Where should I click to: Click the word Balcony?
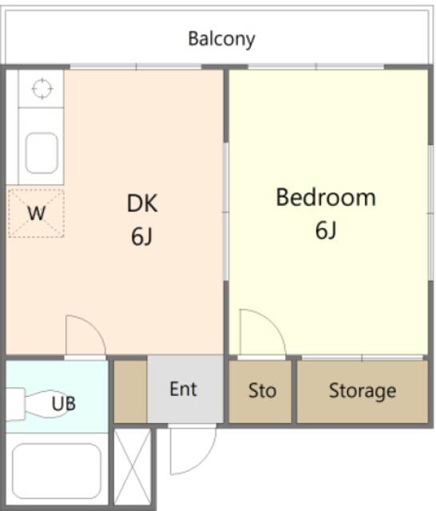pos(221,39)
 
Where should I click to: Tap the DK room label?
pos(142,204)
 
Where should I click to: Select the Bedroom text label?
pos(326,197)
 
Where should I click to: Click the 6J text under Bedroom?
pos(326,230)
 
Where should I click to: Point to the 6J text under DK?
pos(142,236)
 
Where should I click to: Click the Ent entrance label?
pos(184,389)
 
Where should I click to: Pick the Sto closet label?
pos(262,390)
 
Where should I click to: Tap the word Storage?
pos(363,390)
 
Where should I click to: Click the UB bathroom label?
pos(64,403)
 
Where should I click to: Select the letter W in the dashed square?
pos(36,213)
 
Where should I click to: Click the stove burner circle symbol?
pos(42,89)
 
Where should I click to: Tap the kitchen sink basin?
pos(42,153)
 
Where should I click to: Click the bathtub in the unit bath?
pos(57,471)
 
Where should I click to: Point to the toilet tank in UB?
pos(15,404)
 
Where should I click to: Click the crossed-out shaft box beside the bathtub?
pos(133,466)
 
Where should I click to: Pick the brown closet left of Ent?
pos(130,391)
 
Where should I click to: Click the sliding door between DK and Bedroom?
pos(226,212)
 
